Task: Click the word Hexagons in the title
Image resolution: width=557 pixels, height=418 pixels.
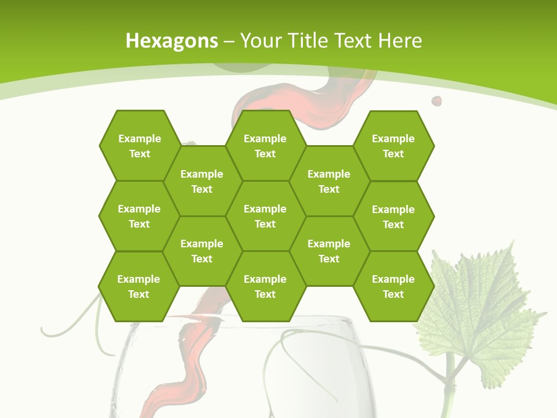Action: [172, 41]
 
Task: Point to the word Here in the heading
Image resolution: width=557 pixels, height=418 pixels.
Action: [400, 41]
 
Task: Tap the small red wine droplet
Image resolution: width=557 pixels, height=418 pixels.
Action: [436, 101]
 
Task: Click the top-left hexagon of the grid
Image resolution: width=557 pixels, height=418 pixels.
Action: [139, 146]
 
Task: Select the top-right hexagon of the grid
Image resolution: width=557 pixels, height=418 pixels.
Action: [393, 146]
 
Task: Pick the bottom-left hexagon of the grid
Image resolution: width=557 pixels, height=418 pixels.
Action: [139, 286]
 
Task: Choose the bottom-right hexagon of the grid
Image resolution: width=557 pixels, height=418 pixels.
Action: [393, 286]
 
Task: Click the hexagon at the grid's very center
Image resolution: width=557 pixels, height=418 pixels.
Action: [265, 216]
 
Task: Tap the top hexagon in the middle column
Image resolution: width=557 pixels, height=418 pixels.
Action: [265, 146]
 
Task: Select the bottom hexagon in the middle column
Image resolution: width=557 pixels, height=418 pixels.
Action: [265, 286]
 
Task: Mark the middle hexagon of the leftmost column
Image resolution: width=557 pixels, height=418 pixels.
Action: [139, 216]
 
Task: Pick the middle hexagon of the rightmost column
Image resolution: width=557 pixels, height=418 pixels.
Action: [393, 217]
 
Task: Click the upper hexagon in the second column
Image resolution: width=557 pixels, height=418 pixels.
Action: [202, 181]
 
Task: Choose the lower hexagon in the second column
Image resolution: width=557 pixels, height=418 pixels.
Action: [202, 251]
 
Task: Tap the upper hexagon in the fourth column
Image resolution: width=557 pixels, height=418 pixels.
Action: [329, 181]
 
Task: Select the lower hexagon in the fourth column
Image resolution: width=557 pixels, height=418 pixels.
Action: [329, 251]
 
